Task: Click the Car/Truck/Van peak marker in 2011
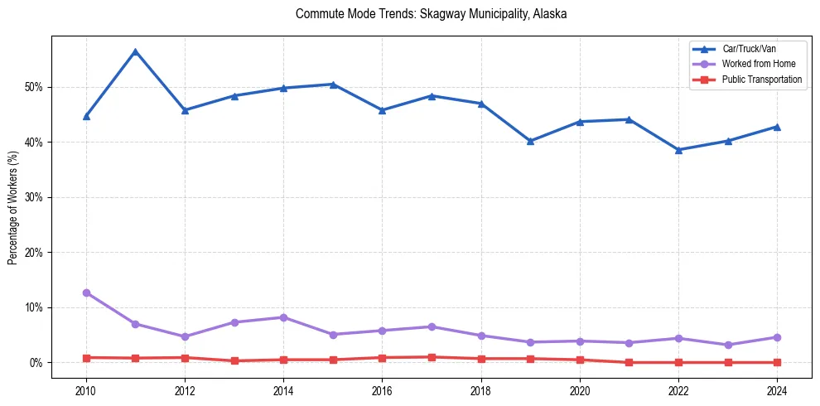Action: pos(136,51)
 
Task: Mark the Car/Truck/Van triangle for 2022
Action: pos(678,150)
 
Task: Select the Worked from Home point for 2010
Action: pos(86,292)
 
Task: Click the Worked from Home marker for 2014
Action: pos(284,317)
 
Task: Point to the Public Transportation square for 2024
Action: pos(777,362)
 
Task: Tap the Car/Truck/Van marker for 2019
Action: pos(530,141)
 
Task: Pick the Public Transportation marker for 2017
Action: pos(432,357)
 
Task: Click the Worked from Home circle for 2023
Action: pos(728,345)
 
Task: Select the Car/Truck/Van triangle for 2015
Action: pos(333,85)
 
